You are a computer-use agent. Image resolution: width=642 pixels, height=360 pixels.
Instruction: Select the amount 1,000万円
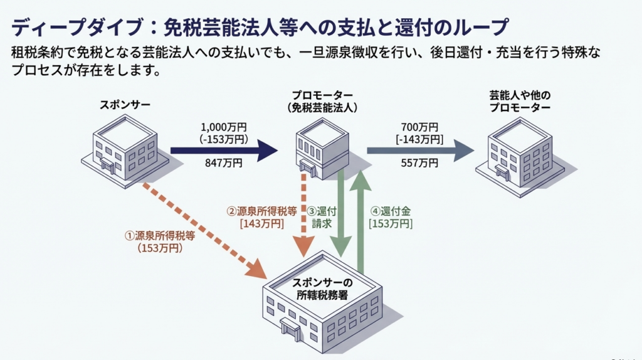223,125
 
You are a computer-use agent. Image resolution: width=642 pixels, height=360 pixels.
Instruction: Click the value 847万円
223,164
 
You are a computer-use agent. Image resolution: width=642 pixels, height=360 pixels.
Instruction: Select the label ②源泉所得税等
261,211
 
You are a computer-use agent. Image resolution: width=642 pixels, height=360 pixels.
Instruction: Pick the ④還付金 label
390,211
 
